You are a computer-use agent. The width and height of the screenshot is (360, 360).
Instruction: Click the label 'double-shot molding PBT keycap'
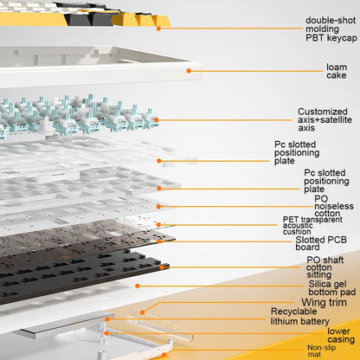point(331,29)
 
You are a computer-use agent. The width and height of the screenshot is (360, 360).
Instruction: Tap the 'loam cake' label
point(337,71)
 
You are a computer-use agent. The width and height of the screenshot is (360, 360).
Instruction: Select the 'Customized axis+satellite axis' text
point(325,119)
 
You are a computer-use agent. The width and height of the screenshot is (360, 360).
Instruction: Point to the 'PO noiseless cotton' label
point(334,206)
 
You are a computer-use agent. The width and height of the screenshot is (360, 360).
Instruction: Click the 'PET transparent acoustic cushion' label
point(312,226)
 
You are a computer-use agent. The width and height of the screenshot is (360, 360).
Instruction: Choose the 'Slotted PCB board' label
point(321,243)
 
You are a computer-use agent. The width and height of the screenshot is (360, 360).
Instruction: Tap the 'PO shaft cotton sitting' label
point(325,267)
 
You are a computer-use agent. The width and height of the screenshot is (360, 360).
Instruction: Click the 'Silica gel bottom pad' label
point(332,288)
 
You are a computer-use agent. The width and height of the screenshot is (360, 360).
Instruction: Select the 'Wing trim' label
point(324,302)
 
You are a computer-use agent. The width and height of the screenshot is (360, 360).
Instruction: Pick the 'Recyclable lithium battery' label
point(299,317)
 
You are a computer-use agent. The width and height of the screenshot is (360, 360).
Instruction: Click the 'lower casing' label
point(341,335)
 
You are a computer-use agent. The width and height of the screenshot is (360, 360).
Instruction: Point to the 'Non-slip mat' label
point(321,350)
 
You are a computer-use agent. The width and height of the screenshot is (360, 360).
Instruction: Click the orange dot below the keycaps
point(158,29)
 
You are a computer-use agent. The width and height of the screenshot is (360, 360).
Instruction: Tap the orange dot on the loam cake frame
point(189,71)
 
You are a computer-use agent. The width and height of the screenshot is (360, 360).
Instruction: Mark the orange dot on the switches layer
point(156,119)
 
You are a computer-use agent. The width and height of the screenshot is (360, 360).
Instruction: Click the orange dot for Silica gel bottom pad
point(138,286)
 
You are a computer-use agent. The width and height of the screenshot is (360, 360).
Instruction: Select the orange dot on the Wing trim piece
point(142,312)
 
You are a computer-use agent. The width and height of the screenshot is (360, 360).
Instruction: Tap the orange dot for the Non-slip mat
point(164,355)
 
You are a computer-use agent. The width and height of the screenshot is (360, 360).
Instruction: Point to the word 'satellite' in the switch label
point(336,119)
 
